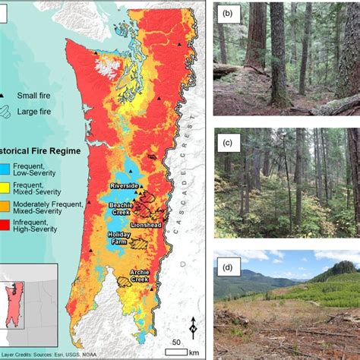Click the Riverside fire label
pos(124,185)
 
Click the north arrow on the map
pos(193,327)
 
